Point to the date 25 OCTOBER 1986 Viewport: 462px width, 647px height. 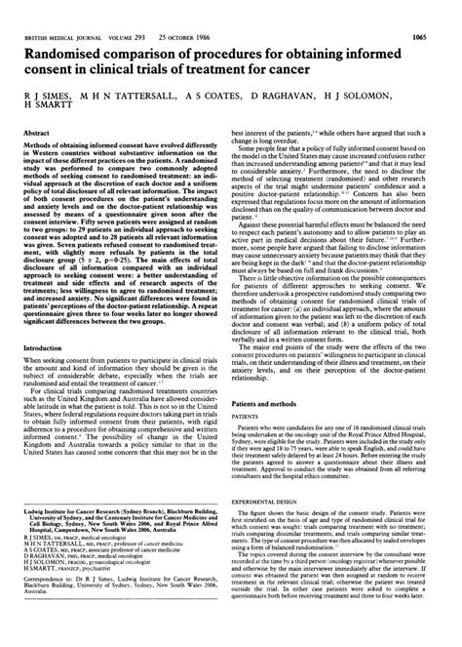pyautogui.click(x=178, y=10)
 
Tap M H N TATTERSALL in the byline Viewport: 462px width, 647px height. pyautogui.click(x=135, y=74)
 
